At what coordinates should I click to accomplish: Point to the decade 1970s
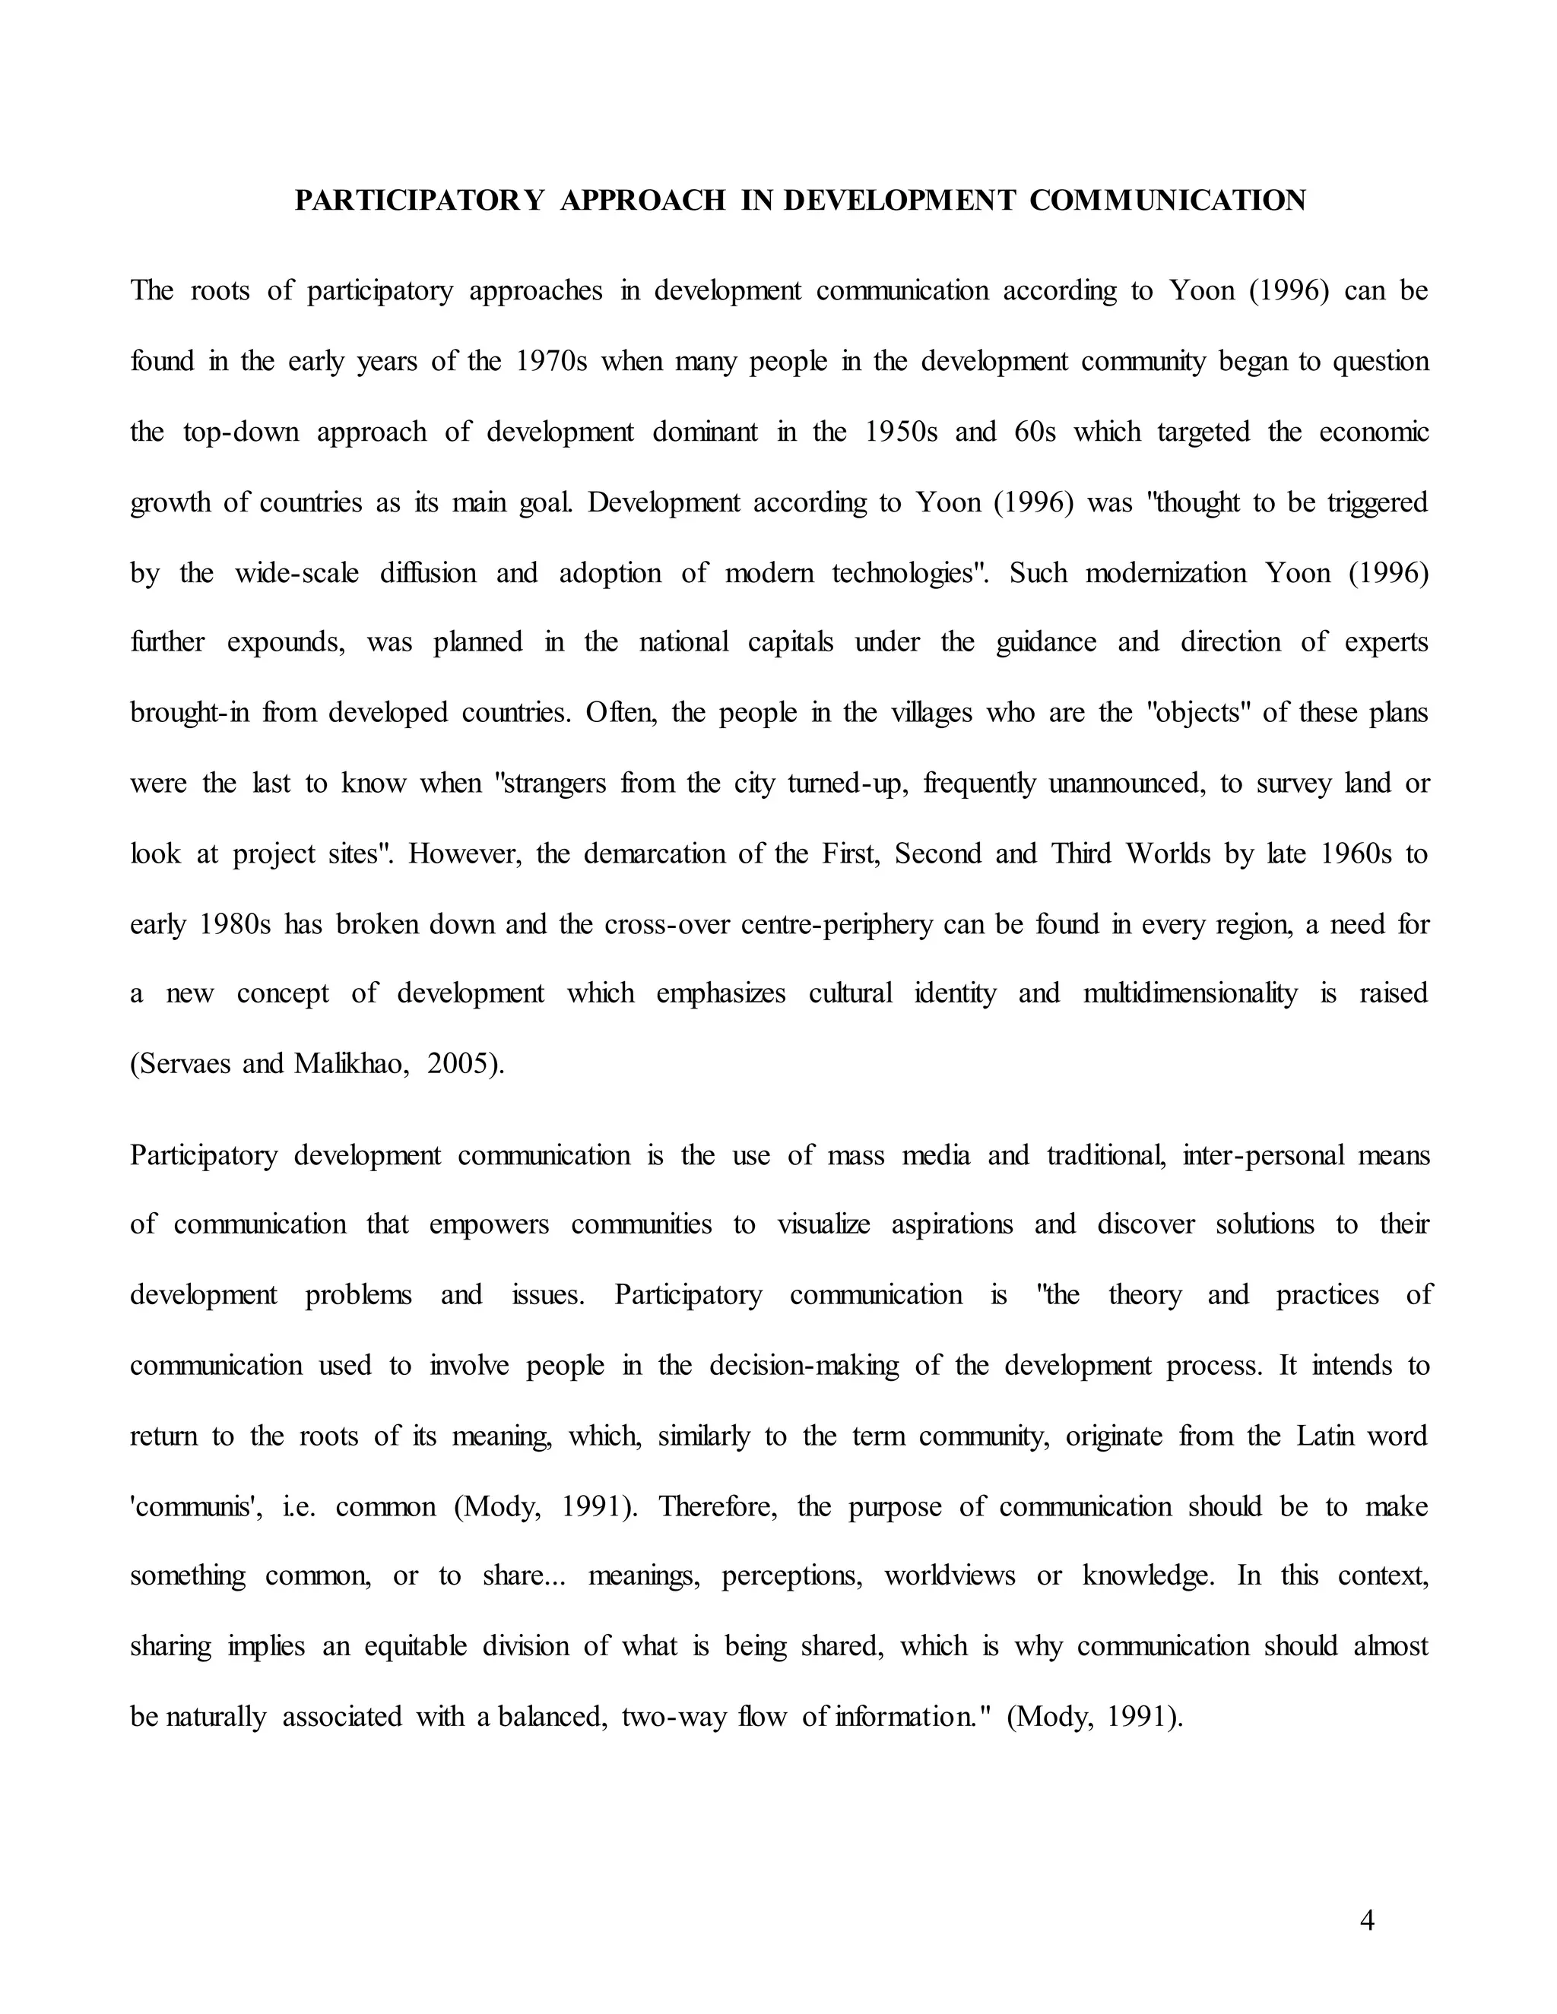[x=550, y=362]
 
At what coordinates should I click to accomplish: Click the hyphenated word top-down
[x=241, y=432]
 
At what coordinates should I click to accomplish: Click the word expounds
[x=286, y=643]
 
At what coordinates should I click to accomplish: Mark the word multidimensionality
[x=1190, y=994]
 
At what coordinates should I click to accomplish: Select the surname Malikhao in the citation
[x=350, y=1064]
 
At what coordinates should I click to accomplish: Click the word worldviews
[x=950, y=1576]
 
